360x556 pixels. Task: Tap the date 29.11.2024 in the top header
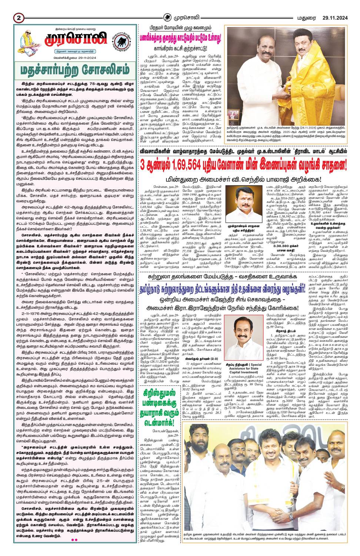334,17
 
